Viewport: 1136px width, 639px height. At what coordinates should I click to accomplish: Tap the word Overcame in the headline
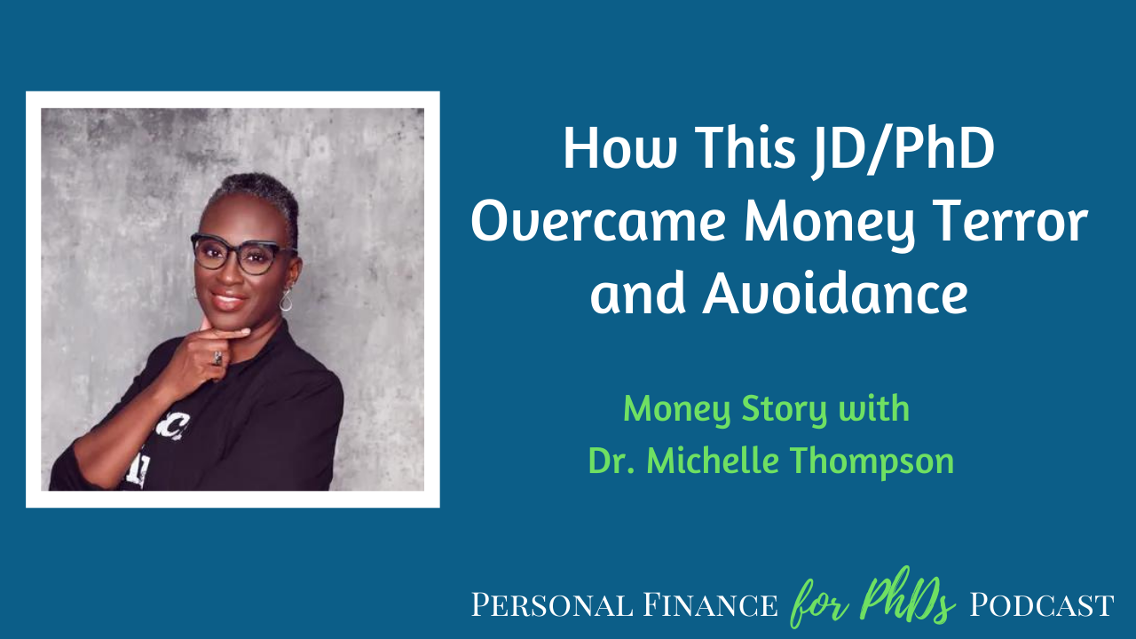(x=599, y=223)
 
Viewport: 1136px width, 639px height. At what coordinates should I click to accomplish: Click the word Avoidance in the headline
(x=835, y=293)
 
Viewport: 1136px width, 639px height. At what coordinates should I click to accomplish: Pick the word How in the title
(x=619, y=148)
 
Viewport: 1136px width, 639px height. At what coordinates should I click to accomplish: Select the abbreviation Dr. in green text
(x=611, y=461)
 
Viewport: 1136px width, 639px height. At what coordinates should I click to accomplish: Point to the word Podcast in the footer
(x=1042, y=605)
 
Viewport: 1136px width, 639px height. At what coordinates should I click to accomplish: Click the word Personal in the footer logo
(x=552, y=605)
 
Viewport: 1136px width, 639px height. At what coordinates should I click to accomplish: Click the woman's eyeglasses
(x=242, y=254)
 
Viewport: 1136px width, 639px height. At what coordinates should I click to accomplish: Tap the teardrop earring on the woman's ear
(x=286, y=300)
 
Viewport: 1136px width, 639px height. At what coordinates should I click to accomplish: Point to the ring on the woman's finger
(x=217, y=358)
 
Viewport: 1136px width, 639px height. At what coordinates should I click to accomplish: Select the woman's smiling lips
(x=228, y=301)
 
